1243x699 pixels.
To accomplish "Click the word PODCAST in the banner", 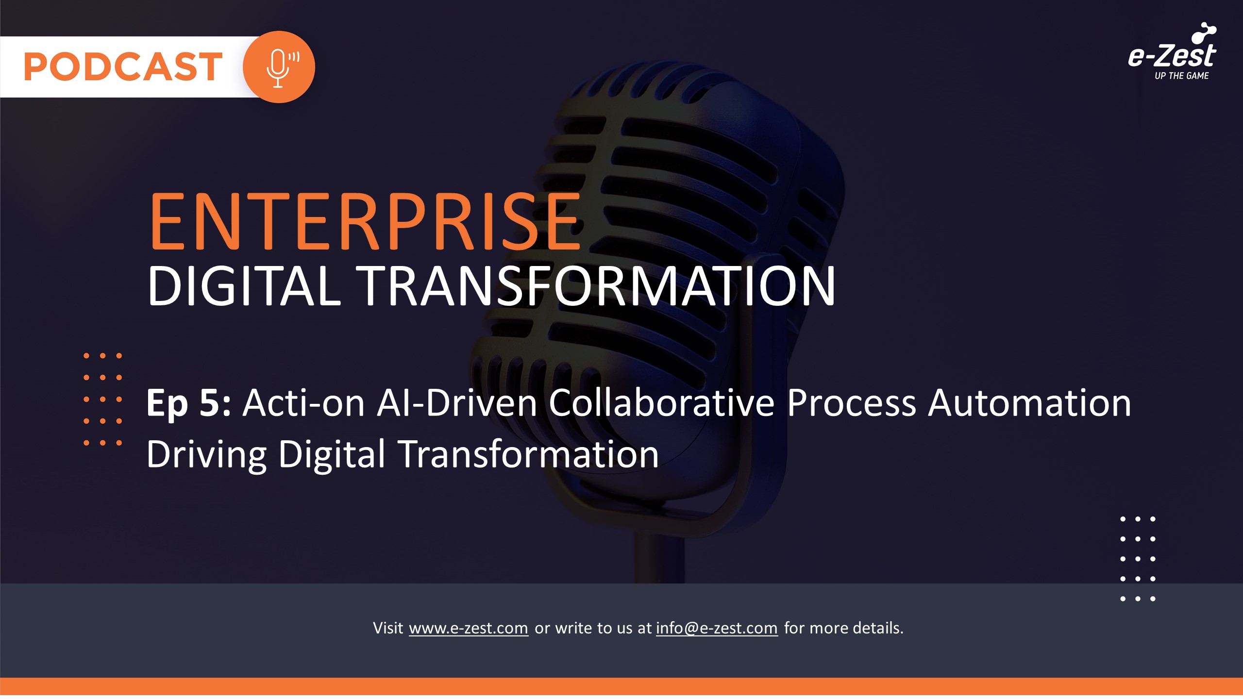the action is click(x=123, y=67).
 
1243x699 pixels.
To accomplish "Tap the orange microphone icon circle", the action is click(x=279, y=67).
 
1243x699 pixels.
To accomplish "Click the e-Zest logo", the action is click(x=1172, y=51).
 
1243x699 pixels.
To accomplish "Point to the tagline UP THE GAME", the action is click(x=1181, y=76).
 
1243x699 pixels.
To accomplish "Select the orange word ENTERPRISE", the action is click(x=366, y=221).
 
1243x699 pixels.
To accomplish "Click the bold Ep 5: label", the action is click(x=188, y=403).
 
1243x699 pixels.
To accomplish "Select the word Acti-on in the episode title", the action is click(x=303, y=402).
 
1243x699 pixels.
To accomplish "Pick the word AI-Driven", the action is click(x=457, y=402).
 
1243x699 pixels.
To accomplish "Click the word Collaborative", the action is click(x=662, y=402).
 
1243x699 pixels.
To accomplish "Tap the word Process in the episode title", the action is click(x=851, y=402).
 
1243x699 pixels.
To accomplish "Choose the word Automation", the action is click(x=1029, y=402).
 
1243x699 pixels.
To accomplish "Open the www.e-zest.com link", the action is click(x=469, y=628).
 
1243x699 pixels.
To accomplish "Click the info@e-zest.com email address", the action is click(x=717, y=628).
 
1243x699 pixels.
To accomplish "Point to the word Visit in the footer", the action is click(x=388, y=628).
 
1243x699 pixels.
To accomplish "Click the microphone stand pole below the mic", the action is click(x=659, y=558).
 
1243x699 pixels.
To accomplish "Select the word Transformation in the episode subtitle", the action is click(x=529, y=454).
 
